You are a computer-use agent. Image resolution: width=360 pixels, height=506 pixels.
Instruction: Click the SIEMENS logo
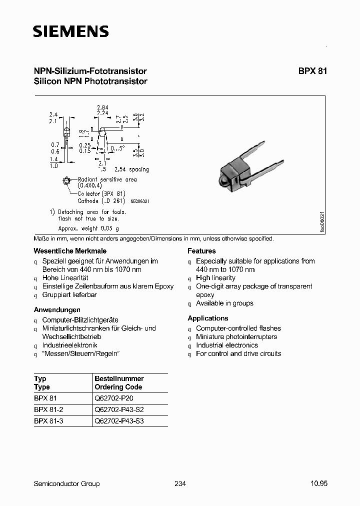coord(70,32)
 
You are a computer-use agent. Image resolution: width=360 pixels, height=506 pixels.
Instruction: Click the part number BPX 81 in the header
coord(313,71)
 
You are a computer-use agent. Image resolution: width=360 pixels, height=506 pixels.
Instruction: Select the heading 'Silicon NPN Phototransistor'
coord(90,81)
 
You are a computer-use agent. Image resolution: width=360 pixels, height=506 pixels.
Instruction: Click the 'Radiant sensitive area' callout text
coord(106,179)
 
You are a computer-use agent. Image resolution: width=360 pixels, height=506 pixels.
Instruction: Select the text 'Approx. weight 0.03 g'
coord(89,228)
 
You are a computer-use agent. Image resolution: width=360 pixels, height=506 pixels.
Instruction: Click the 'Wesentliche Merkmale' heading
coord(70,251)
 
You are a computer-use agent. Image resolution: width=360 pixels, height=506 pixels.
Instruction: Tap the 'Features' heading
coord(201,251)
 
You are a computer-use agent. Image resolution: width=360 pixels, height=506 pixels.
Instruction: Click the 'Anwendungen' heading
coord(57,309)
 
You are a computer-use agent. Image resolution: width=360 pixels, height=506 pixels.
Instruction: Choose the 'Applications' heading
coord(207,318)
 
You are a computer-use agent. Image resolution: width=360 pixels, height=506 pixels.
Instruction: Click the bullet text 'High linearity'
coord(215,278)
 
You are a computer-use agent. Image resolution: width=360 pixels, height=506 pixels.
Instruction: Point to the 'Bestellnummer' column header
coord(119,379)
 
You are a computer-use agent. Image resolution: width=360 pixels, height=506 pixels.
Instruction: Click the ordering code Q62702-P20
coord(114,398)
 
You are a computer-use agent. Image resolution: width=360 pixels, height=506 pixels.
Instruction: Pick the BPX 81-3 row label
coord(48,421)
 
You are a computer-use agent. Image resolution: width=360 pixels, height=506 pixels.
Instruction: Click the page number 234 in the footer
coord(180,483)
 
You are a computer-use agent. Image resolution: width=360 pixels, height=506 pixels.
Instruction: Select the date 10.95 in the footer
coord(318,483)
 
